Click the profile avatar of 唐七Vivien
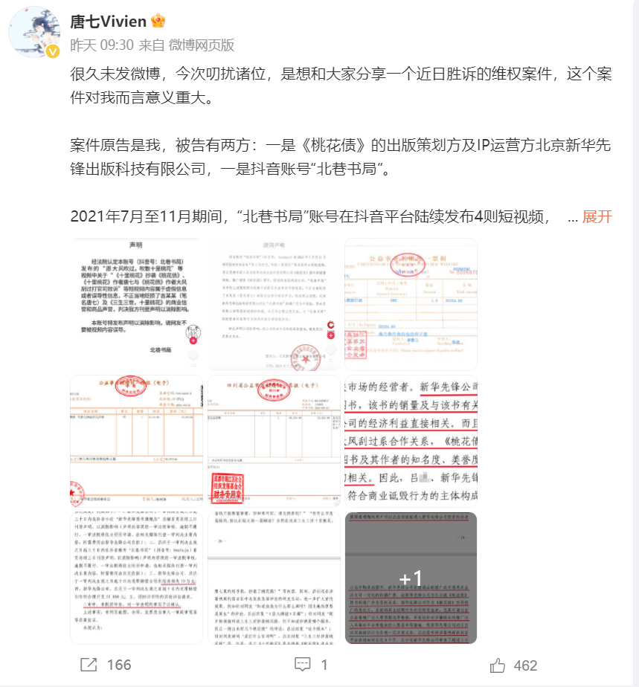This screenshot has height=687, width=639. point(34,33)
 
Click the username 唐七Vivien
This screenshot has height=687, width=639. point(108,21)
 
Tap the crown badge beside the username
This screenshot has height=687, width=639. point(158,21)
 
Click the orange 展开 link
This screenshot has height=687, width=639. point(597,216)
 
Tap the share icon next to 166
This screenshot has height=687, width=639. point(90,664)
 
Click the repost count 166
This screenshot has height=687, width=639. point(119,665)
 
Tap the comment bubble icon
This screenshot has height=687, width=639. point(302,664)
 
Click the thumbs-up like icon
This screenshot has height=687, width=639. point(498,664)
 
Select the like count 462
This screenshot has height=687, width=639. point(525,665)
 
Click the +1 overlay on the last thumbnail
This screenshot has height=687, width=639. point(411,578)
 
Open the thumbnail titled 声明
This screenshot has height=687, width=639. point(135,304)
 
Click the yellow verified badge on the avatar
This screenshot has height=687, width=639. point(52,51)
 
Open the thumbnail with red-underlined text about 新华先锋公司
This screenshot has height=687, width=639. point(411,442)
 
